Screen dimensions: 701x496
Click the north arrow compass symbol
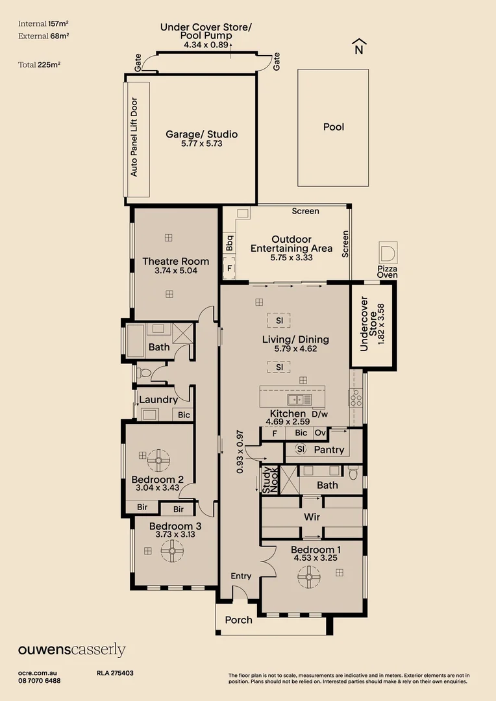click(x=358, y=47)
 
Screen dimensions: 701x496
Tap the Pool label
click(x=334, y=127)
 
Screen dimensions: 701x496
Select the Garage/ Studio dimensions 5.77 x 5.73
click(x=202, y=143)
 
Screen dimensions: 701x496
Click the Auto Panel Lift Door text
click(x=134, y=137)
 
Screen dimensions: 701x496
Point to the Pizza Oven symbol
click(x=388, y=253)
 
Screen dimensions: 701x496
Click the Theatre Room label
click(x=175, y=262)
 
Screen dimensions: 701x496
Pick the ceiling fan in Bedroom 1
click(x=308, y=576)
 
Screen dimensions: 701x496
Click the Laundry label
click(x=158, y=400)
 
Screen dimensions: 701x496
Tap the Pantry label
click(x=329, y=450)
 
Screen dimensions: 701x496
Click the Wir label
click(x=312, y=517)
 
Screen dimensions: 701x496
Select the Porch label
click(x=238, y=620)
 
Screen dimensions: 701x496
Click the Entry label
click(x=241, y=576)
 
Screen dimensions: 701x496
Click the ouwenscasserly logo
click(x=71, y=650)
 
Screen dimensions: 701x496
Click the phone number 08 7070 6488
click(x=40, y=681)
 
